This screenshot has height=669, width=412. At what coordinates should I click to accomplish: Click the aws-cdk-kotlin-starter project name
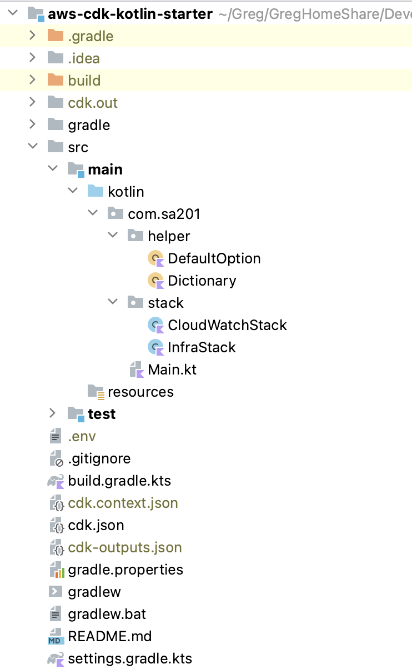[x=130, y=14]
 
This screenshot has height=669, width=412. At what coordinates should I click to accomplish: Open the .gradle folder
[x=91, y=36]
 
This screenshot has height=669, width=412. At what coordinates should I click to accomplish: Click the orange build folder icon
[x=56, y=81]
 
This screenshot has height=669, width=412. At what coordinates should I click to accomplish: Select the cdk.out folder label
[x=93, y=103]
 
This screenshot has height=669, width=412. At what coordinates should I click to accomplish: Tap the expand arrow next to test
[x=52, y=413]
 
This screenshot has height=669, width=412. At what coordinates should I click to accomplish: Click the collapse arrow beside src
[x=33, y=147]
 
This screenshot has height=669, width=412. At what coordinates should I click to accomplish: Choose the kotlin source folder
[x=126, y=192]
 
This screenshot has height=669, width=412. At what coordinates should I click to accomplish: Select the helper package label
[x=169, y=236]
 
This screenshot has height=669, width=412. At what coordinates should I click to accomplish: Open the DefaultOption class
[x=214, y=258]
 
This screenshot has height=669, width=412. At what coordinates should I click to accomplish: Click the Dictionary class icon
[x=156, y=281]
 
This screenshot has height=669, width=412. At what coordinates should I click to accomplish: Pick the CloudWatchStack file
[x=227, y=325]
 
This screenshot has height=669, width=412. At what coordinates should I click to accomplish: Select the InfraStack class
[x=202, y=347]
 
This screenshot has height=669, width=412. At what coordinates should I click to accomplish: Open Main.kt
[x=172, y=370]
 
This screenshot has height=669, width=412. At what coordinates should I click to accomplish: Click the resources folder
[x=140, y=392]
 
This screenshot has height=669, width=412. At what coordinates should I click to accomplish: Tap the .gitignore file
[x=99, y=458]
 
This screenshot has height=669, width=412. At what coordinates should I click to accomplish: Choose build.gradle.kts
[x=119, y=481]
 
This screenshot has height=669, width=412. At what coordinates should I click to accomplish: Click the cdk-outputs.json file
[x=125, y=547]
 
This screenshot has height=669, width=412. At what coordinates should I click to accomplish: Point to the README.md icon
[x=56, y=637]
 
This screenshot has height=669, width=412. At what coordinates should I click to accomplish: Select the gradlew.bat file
[x=107, y=614]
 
